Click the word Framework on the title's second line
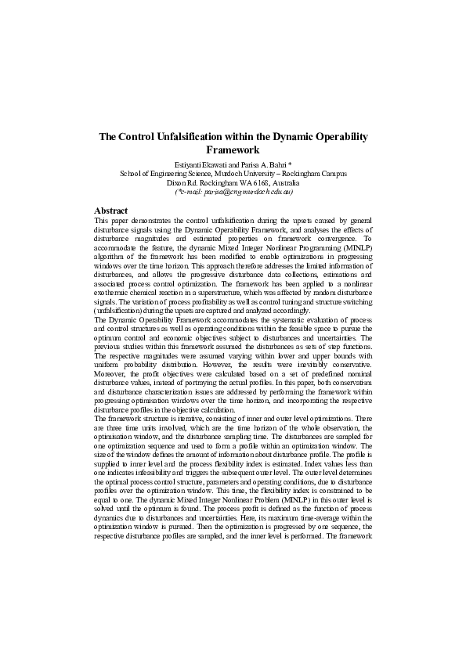click(x=233, y=149)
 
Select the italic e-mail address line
click(x=233, y=191)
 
